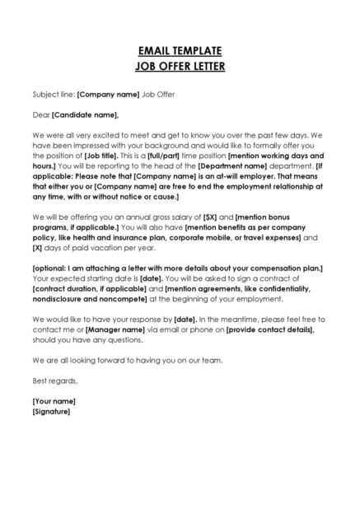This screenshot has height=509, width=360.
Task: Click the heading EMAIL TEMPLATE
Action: (179, 50)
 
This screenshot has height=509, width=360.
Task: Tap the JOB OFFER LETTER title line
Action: (179, 65)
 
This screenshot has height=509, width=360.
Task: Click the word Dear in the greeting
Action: (40, 114)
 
